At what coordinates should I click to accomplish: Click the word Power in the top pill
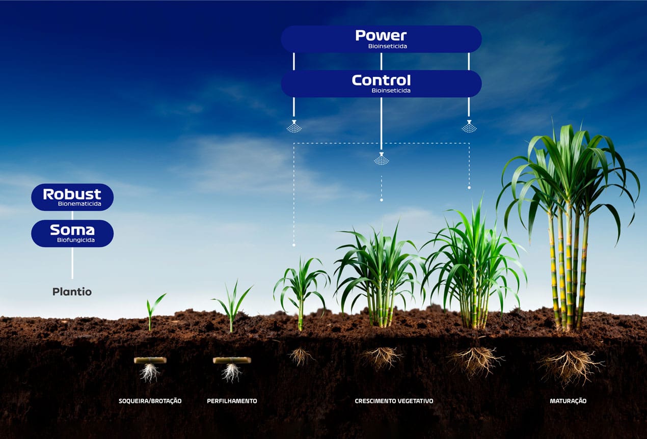pos(381,35)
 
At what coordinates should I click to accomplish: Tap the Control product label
pos(381,84)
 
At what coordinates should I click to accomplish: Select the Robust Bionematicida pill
pos(72,197)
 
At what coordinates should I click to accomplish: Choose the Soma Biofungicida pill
pos(72,233)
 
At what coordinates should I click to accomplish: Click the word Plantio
pos(72,292)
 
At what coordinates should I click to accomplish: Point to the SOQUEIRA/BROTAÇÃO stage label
pos(150,401)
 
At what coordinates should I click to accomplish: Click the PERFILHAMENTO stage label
pos(232,401)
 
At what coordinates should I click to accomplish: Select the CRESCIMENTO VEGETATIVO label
pos(394,401)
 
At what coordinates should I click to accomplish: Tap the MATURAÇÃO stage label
pos(568,401)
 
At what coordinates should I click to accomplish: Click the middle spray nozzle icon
pos(381,158)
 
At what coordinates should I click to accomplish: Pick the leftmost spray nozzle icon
pos(294,126)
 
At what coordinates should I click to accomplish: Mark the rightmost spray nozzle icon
pos(469,126)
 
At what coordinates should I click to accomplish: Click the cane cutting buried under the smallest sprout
pos(150,360)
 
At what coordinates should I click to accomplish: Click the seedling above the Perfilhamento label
pos(232,306)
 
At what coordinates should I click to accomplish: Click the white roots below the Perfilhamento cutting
pos(231,373)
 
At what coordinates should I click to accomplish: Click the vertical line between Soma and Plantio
pos(72,263)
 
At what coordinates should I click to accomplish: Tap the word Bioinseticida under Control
pos(391,91)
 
